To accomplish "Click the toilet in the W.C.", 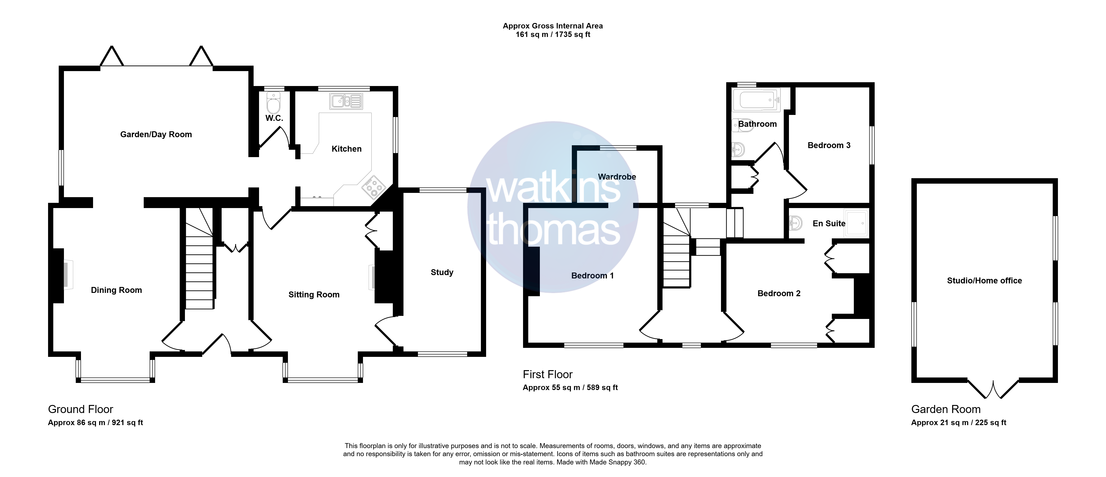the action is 273,102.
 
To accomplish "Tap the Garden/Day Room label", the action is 156,135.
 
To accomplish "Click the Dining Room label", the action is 116,290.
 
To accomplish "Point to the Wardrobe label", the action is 617,177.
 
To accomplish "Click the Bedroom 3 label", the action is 829,145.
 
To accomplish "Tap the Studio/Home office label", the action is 985,281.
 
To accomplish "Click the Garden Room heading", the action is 946,409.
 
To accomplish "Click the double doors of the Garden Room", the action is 993,390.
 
